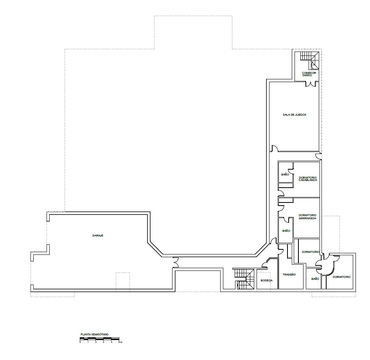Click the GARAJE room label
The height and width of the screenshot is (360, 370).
click(x=98, y=236)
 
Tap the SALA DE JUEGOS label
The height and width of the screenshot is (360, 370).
click(x=295, y=115)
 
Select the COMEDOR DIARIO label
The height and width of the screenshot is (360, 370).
click(x=309, y=74)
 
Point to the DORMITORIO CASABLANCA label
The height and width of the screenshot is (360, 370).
click(x=308, y=179)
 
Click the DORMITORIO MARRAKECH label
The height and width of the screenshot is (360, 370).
click(x=307, y=217)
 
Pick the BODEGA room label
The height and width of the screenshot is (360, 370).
click(x=267, y=281)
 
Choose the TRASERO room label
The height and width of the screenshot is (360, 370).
click(x=289, y=275)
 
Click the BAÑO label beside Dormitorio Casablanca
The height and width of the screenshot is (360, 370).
click(x=285, y=174)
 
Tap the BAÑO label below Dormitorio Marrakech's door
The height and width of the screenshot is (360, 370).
click(x=286, y=231)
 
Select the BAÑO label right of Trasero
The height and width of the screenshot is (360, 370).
click(x=315, y=279)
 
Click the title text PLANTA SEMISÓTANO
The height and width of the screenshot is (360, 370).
click(x=94, y=334)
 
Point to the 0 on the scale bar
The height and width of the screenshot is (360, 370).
click(x=80, y=342)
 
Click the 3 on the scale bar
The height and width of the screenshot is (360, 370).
click(x=103, y=342)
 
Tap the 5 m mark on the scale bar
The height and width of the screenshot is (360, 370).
click(x=120, y=342)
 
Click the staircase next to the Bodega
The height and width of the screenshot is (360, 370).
click(x=244, y=279)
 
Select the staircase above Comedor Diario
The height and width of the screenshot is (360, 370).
click(x=310, y=60)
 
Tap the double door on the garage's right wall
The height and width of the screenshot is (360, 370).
click(x=176, y=262)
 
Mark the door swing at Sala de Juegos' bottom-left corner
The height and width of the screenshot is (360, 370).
click(x=275, y=148)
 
